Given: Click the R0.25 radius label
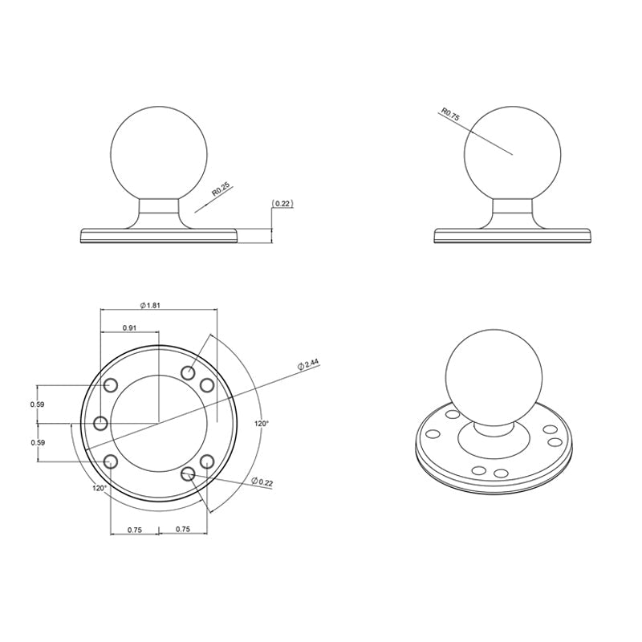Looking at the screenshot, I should tap(221, 190).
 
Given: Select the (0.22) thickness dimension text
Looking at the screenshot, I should tap(282, 204).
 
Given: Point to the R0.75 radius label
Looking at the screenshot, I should tap(450, 114).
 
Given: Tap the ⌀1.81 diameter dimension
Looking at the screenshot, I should tap(151, 305).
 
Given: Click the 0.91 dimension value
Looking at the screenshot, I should tap(128, 327).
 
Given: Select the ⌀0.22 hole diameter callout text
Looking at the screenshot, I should tap(262, 481).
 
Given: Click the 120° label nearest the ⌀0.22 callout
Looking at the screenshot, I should tap(262, 422).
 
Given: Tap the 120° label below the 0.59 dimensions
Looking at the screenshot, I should tap(99, 487).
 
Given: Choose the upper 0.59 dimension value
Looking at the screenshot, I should tap(37, 404).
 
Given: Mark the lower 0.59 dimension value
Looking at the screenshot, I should tap(37, 442).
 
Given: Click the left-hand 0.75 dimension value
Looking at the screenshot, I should tap(134, 530).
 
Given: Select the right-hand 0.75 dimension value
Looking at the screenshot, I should tap(182, 530).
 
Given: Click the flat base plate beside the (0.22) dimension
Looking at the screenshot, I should tap(160, 235).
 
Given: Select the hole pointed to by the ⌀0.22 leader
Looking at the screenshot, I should tap(189, 474).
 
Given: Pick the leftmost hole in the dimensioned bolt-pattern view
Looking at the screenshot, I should tap(101, 423).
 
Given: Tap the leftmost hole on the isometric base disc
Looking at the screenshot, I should tap(433, 433).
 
